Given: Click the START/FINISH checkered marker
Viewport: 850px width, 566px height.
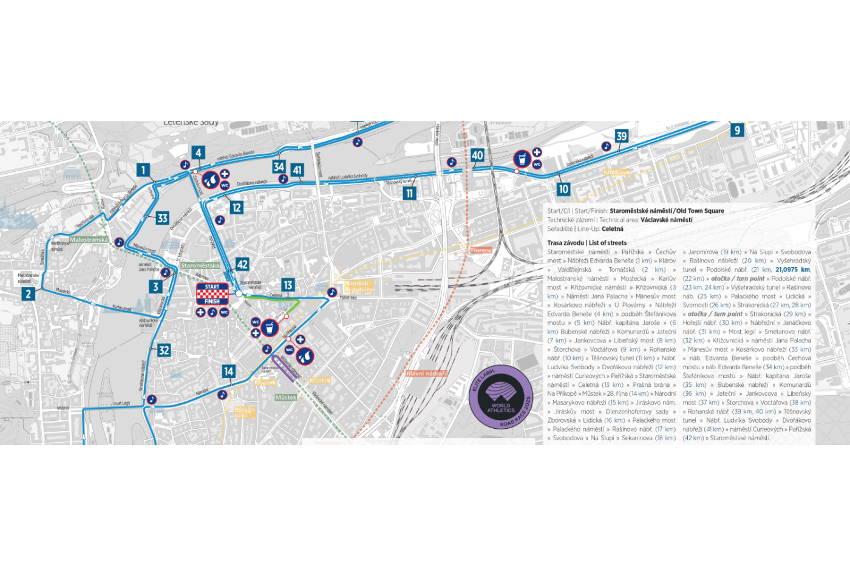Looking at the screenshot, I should [x=212, y=294].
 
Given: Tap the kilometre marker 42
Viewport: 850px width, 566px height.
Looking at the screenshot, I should [x=242, y=264].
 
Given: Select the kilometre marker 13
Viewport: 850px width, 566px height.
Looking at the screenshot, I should [x=288, y=285].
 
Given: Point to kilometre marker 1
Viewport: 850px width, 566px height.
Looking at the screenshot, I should [x=143, y=170].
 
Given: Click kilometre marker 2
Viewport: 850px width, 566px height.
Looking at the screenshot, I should [x=29, y=294].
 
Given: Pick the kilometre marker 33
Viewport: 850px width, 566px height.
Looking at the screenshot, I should [x=162, y=218].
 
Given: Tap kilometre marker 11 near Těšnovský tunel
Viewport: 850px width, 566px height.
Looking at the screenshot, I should [x=409, y=193].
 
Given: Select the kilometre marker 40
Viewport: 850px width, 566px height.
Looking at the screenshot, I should [x=478, y=155].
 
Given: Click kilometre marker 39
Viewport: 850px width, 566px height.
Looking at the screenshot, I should [x=621, y=136].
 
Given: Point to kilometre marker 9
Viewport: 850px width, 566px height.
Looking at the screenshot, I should [x=737, y=129].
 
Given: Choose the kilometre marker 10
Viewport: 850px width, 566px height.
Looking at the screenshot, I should [x=563, y=189].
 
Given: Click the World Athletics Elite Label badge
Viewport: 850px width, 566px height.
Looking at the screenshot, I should [x=501, y=397].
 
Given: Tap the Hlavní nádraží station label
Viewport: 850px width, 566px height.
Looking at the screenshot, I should [x=426, y=373].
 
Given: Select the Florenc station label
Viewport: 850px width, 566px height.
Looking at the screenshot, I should [x=481, y=250].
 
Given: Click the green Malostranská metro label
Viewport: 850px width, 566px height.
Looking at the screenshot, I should [x=89, y=240].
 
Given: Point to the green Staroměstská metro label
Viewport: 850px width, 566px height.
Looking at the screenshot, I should [x=200, y=265].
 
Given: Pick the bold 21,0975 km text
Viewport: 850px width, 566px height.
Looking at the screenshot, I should [x=792, y=270].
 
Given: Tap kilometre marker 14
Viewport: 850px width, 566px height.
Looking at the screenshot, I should [x=228, y=371].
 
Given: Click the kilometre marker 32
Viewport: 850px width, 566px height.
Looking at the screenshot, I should [x=164, y=350].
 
